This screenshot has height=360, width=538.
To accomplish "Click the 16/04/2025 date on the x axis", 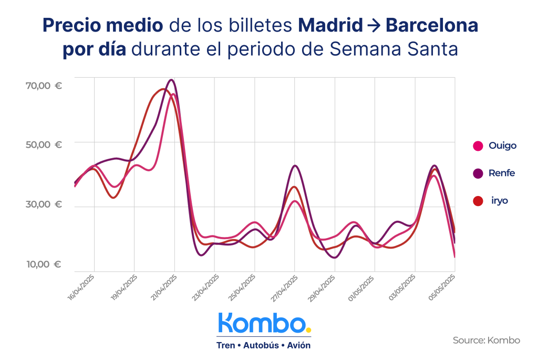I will pos(81,287).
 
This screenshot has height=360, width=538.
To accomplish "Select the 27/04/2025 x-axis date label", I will pos(282,287).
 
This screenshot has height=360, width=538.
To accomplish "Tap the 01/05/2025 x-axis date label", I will pos(362,287).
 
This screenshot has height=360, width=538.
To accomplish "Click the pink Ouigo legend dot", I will pos(478,146).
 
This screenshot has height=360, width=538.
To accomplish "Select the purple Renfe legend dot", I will pos(478,173).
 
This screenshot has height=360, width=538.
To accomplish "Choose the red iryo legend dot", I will pos(478,201).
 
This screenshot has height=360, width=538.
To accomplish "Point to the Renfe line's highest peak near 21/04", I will pos(171,80).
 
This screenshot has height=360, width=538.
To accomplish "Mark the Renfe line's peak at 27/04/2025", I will pos(295,166).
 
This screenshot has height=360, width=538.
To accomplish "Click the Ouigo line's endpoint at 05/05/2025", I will pos(454,257).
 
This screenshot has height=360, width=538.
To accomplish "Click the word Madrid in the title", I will pos(330,25).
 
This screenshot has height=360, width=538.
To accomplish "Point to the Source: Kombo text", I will pos(486,341).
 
